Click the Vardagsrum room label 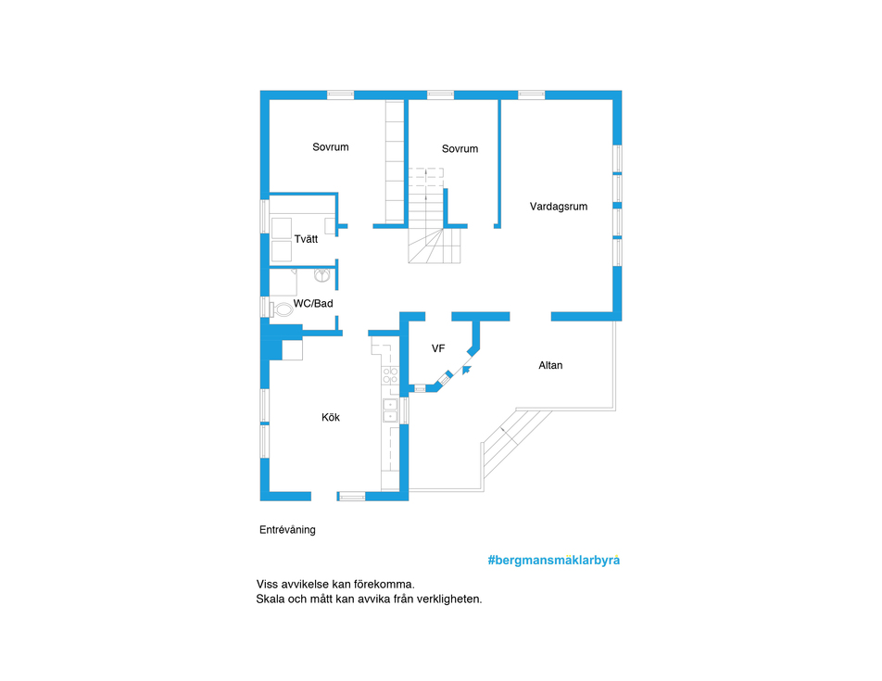[559, 207]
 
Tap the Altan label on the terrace [550, 365]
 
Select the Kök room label [331, 417]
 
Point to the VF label [438, 348]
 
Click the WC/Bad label [313, 304]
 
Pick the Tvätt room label [306, 239]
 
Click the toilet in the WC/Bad [283, 309]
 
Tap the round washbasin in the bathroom [322, 275]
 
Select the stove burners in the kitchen [390, 375]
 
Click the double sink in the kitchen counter [390, 410]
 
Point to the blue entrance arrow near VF [466, 370]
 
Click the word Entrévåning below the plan [287, 530]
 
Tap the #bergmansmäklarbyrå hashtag [553, 561]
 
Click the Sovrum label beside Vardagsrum [460, 149]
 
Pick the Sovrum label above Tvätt [331, 147]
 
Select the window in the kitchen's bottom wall [352, 497]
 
